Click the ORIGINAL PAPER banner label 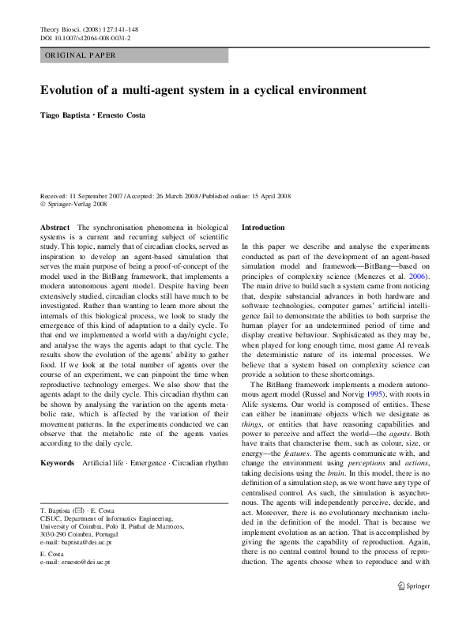(80, 55)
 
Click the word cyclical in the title (266, 90)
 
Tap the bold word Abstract (55, 227)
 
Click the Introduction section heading (263, 227)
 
